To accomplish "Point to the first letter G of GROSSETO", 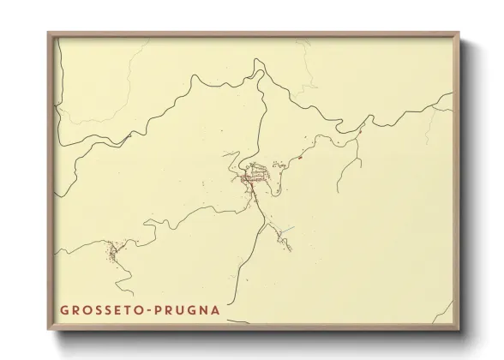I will [x=63, y=308].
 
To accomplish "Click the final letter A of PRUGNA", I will [x=214, y=308].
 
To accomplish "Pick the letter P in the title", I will [x=158, y=308].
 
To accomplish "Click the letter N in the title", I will [x=203, y=308].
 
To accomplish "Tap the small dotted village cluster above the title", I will [x=111, y=250].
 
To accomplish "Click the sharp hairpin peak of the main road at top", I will [x=258, y=61].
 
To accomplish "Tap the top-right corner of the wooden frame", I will [x=459, y=33].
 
